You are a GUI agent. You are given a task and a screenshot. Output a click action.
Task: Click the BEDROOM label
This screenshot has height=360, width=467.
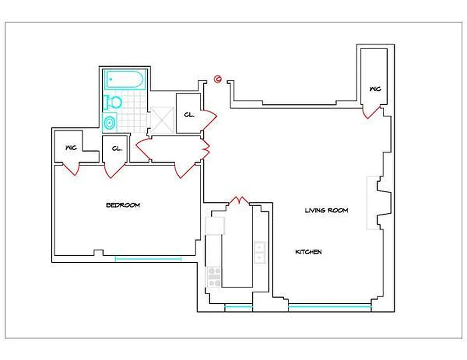[x=123, y=205]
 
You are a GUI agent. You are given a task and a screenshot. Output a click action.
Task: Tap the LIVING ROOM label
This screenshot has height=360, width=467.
[x=326, y=210]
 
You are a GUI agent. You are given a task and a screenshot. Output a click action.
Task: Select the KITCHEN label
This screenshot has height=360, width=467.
[x=308, y=252]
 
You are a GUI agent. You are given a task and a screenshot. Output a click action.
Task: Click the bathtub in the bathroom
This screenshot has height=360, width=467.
[x=125, y=80]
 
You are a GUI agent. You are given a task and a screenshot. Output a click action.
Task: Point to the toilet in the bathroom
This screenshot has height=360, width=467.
[x=113, y=103]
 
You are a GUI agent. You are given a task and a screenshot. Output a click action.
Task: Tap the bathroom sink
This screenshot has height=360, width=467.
[x=109, y=122]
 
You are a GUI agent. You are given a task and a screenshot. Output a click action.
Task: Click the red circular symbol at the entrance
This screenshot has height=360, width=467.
[x=218, y=80]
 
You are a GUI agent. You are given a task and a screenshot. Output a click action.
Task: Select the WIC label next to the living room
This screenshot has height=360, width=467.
[x=375, y=89]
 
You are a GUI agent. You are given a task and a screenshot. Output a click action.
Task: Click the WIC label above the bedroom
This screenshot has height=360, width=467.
[x=71, y=148]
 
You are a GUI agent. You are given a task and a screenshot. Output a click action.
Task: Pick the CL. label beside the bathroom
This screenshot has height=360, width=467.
[x=189, y=115]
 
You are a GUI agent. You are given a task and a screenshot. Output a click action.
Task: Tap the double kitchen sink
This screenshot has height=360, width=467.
[x=259, y=252]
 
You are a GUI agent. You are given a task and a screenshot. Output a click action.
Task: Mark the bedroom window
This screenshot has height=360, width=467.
[x=148, y=258]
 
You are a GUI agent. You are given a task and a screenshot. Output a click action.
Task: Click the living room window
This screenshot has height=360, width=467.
[x=329, y=307]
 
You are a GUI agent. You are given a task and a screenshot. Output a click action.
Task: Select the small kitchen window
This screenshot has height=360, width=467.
[x=238, y=307]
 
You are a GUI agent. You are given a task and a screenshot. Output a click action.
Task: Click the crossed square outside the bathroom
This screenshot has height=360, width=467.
[x=162, y=120]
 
